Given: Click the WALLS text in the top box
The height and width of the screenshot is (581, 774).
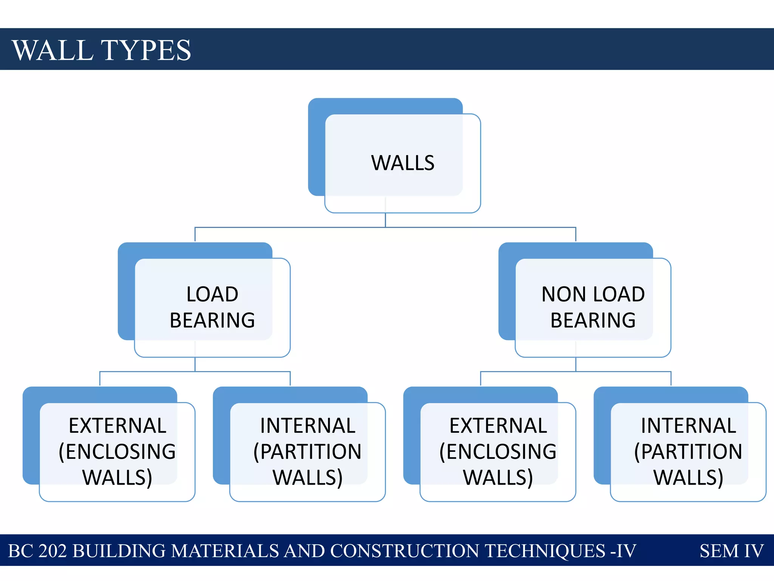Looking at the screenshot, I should tap(403, 163).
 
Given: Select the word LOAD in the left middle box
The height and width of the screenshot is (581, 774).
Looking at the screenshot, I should tap(212, 294).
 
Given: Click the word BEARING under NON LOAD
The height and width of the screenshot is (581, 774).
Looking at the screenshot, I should tap(593, 320).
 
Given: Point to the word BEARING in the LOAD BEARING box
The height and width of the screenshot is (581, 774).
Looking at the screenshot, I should tap(212, 320).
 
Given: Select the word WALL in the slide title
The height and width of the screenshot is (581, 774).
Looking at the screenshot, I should tap(53, 50).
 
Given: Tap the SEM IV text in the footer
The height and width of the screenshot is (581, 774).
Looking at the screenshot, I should tap(732, 551).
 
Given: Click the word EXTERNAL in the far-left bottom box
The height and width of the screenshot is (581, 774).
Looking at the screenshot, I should tap(118, 426).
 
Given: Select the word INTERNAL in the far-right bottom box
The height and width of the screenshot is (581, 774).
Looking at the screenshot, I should tap(689, 426).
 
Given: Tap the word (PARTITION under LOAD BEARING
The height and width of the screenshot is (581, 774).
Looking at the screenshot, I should tap(308, 452).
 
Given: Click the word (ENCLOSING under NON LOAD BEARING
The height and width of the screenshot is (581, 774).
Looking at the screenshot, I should tap(498, 452).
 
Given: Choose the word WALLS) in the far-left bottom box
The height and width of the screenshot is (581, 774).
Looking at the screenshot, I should tap(118, 477).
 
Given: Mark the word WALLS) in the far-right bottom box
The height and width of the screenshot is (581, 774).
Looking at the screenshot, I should tap(689, 477).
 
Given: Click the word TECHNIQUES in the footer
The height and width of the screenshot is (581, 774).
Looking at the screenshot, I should tap(545, 551).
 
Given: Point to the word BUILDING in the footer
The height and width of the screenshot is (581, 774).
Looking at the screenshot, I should tap(119, 551).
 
